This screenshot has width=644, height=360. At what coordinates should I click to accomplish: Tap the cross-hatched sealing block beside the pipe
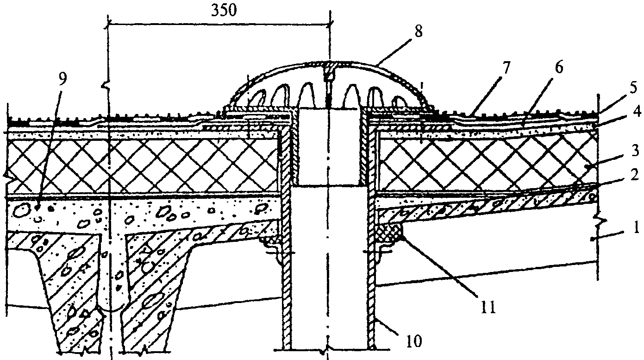pos(390,231)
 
